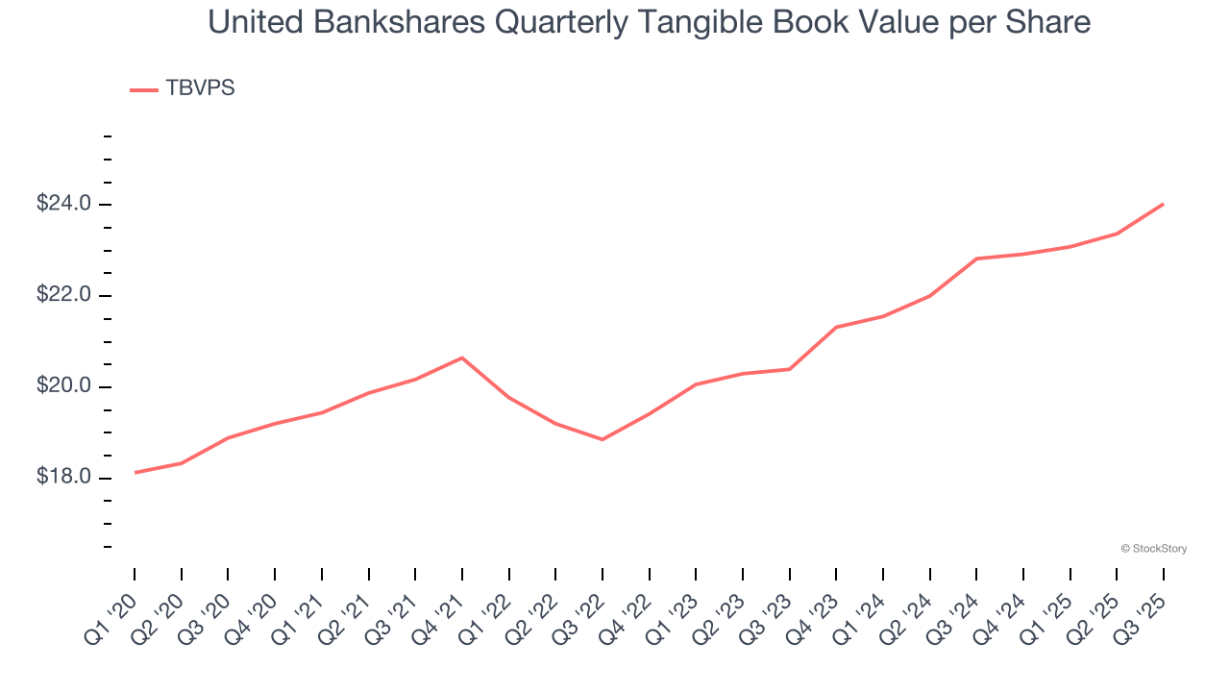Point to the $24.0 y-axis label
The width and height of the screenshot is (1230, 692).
63,204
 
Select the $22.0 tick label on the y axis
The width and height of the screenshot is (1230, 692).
63,295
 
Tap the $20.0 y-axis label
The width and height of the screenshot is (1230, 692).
63,386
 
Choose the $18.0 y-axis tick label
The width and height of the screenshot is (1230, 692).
63,478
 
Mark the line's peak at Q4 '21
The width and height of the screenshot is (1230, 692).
462,358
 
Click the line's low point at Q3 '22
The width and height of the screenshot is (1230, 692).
603,439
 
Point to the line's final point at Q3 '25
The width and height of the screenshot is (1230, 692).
1164,204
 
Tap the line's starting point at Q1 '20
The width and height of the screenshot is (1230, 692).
135,472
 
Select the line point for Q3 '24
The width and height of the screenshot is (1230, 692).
976,259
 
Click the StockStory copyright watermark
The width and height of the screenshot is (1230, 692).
1153,549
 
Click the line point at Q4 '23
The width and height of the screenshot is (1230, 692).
836,327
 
